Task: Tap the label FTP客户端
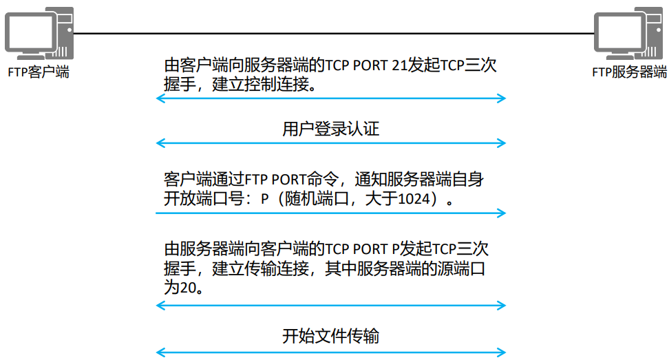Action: pos(39,72)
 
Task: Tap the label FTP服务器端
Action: pos(630,72)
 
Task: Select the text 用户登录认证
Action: pos(330,129)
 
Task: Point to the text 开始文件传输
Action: pos(330,337)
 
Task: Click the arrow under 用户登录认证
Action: pos(330,143)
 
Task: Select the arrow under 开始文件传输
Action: pos(330,352)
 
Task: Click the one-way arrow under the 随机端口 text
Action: pos(330,213)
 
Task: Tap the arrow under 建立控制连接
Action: pos(330,99)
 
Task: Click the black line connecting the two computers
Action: pos(330,33)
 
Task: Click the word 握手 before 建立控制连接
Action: pos(178,86)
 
